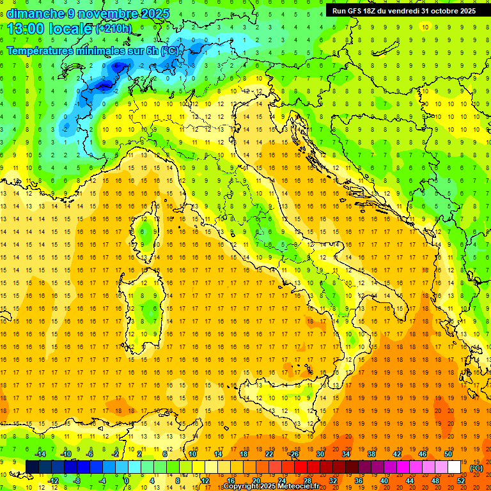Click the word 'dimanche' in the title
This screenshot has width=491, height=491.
pos(36,13)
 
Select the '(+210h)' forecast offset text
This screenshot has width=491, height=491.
pos(114,29)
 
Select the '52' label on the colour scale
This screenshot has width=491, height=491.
pos(461,481)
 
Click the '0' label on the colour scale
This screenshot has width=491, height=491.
pos(127,481)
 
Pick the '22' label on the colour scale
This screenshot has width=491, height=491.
pos(269,454)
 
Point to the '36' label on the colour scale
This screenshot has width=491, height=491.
pos(358,481)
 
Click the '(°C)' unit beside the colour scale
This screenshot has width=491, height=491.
pos(476,468)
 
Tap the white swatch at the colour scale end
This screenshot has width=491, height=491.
pos(455,467)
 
